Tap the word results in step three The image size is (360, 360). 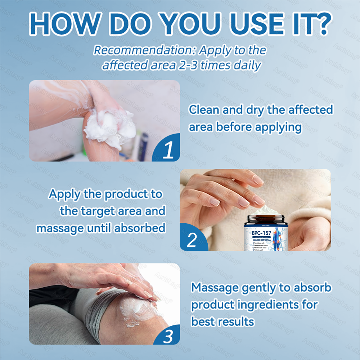tap(234, 321)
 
